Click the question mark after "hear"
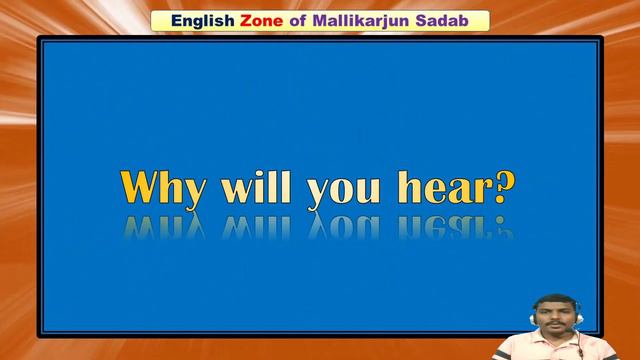pos(506,187)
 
